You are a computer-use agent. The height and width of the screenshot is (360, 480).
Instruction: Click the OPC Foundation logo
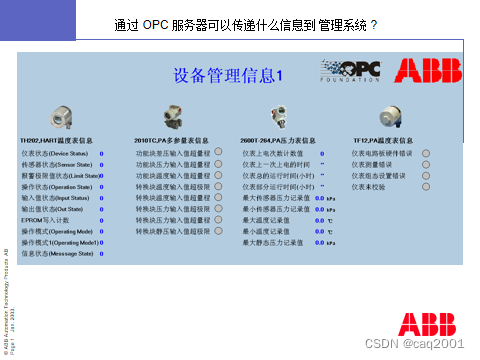pos(350,70)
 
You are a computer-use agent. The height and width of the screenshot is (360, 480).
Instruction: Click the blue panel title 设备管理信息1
pos(230,75)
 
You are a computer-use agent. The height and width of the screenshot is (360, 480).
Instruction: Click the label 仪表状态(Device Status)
pos(56,153)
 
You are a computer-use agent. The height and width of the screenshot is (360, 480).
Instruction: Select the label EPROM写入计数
pos(45,219)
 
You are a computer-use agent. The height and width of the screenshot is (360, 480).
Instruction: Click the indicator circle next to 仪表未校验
pos(426,186)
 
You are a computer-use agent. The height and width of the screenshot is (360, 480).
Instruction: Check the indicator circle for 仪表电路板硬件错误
pos(426,153)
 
